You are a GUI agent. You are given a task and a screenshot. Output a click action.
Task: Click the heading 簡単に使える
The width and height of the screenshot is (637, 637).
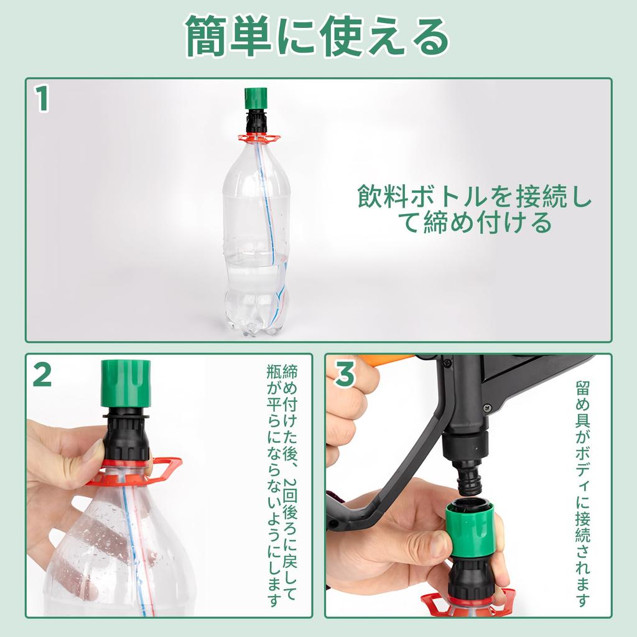click(317, 36)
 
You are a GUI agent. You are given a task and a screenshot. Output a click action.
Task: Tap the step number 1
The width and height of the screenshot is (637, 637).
click(42, 99)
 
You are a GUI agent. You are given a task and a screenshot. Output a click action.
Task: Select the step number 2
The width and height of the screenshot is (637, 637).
click(42, 373)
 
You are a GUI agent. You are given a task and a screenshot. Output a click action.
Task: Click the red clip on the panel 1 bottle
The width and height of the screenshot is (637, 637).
click(256, 138)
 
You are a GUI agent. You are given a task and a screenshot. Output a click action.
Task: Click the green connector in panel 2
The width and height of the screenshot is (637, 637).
click(126, 383)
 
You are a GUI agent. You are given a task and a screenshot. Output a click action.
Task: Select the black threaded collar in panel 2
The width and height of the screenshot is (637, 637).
click(126, 435)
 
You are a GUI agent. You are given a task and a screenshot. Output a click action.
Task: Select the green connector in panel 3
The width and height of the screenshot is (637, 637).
click(470, 529)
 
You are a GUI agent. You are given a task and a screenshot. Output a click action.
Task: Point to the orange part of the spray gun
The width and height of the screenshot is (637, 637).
click(386, 360)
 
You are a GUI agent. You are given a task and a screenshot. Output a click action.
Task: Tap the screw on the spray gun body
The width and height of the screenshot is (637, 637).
click(487, 407)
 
